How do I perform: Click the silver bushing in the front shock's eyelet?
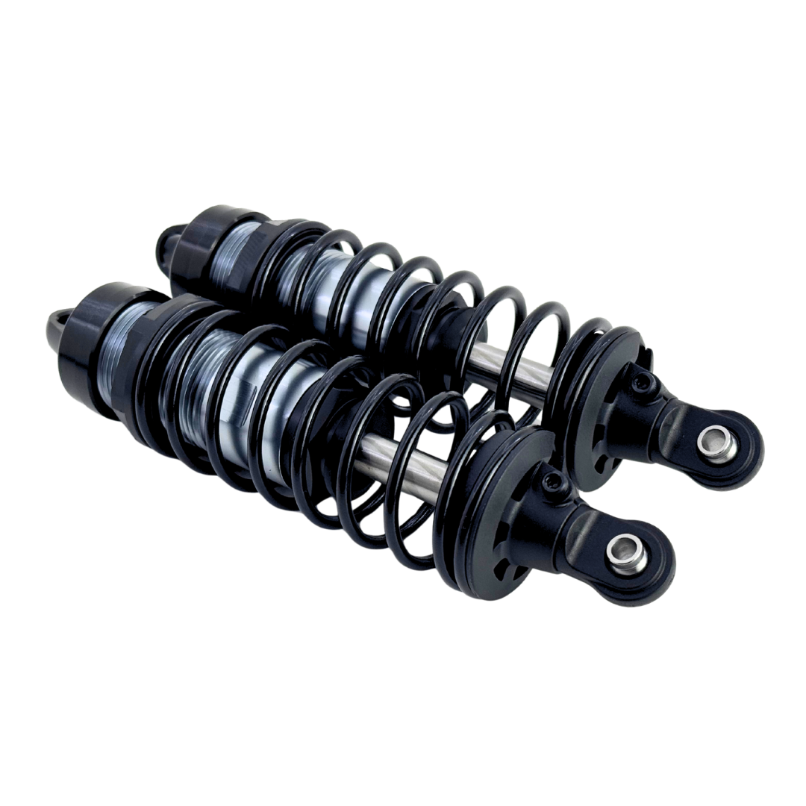click(x=617, y=553)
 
